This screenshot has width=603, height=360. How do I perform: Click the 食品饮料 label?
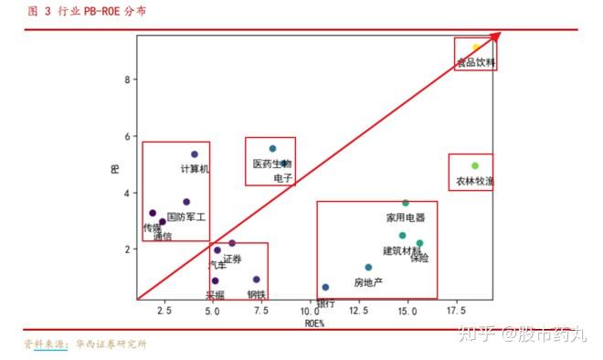coord(476,63)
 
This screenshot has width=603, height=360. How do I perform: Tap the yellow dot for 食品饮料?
coord(476,48)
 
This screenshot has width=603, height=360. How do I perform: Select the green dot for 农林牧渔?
coord(474,166)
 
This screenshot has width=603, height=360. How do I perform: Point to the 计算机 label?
coord(195,169)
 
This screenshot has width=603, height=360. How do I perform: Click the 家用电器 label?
coord(406,218)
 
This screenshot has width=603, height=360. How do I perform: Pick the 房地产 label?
coord(368,282)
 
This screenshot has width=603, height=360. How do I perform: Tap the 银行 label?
coord(325,303)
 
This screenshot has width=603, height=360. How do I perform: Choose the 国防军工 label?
coord(186,217)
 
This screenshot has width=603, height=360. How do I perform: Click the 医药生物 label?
coord(271,164)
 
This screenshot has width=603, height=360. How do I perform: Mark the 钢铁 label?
coord(256,294)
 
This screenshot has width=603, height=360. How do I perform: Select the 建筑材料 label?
coord(401,250)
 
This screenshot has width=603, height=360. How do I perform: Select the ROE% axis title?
coord(314,323)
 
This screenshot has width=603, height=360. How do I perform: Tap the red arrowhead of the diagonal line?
coord(496,37)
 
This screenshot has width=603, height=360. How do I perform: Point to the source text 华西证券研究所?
coord(111,344)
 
